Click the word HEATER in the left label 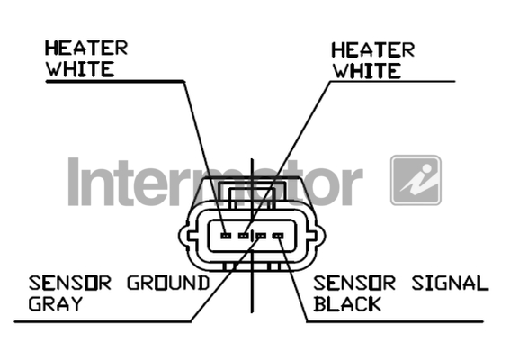tap(86, 48)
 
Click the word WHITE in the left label tap(80, 69)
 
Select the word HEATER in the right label tap(372, 49)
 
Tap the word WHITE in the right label tap(367, 71)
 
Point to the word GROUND tap(168, 283)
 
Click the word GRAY tap(56, 303)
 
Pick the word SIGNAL tap(450, 283)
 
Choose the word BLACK tap(347, 303)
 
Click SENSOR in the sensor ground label tap(70, 283)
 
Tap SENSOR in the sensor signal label tap(354, 283)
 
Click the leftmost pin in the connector tap(226, 235)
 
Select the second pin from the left tap(243, 235)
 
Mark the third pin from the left tap(261, 236)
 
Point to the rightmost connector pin tap(278, 236)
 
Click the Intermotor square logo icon tap(416, 180)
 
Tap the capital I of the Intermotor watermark tap(74, 182)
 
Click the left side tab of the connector tap(183, 236)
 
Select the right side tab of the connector tap(319, 236)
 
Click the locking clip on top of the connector tap(252, 193)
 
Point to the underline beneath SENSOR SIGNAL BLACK tap(395, 321)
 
